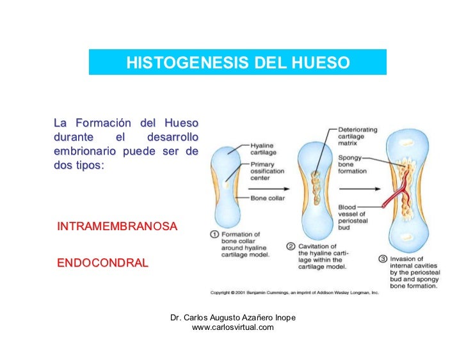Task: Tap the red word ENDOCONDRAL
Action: point(102,263)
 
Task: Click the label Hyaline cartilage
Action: point(263,149)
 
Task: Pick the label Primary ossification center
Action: point(268,171)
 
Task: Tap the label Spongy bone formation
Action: point(353,164)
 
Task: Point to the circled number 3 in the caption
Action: point(383,260)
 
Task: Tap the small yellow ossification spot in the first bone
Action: point(225,185)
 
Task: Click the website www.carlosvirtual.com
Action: point(232,327)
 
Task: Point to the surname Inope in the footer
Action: point(282,318)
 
